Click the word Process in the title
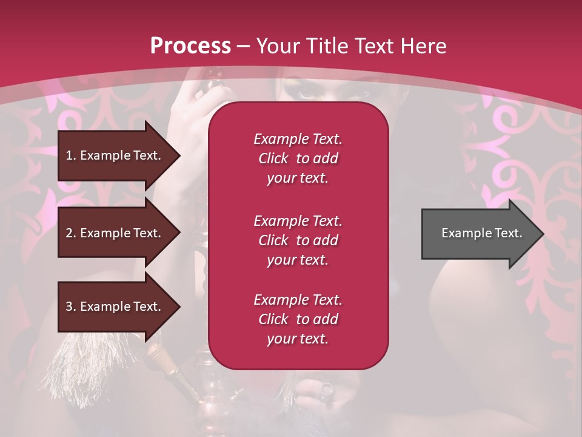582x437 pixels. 190,46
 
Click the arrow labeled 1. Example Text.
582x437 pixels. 115,155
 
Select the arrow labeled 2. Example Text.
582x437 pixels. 115,233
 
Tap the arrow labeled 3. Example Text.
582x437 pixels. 115,307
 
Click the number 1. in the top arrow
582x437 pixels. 71,155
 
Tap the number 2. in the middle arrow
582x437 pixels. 71,233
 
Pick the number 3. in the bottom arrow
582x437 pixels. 71,307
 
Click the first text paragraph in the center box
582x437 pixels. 298,158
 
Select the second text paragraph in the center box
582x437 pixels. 298,240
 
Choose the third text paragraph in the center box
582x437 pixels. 298,319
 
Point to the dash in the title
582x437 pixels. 244,47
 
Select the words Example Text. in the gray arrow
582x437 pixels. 481,233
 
